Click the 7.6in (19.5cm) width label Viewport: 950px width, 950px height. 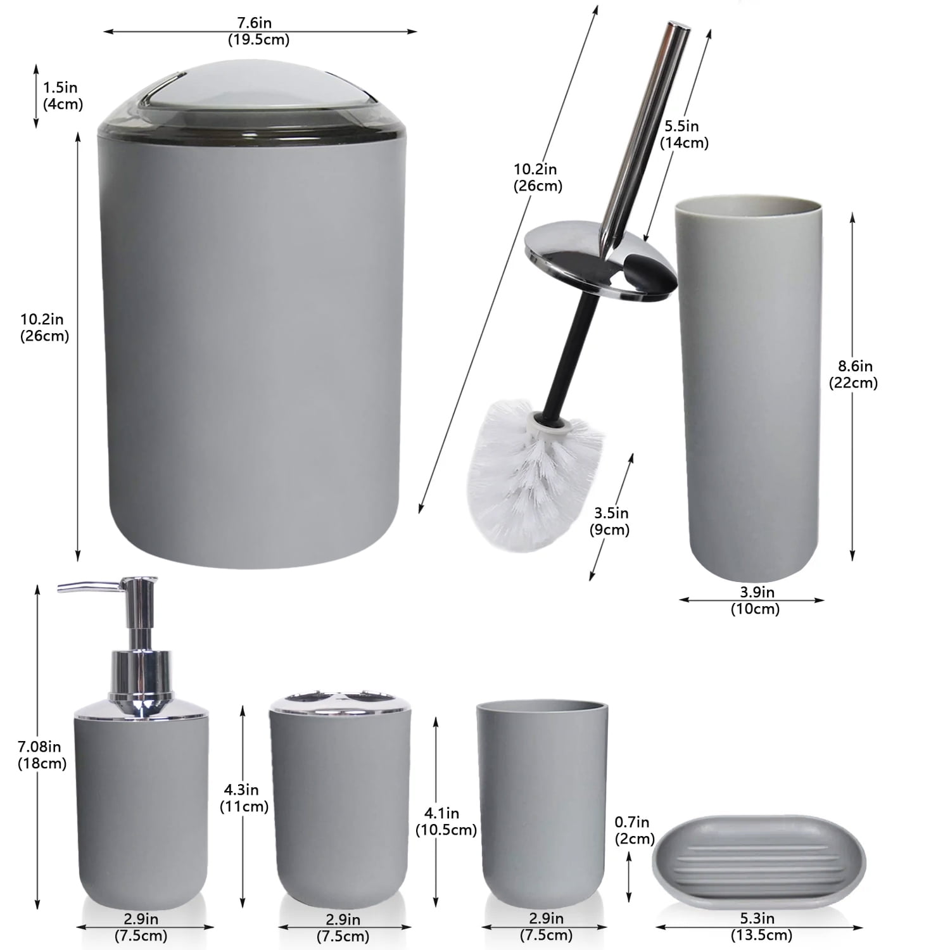(x=259, y=31)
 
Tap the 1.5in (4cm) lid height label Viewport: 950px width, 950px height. (x=63, y=96)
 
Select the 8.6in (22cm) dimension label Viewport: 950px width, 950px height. (x=853, y=374)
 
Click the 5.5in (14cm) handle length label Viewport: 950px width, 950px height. (x=684, y=134)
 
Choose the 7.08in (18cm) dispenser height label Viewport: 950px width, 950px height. (x=42, y=756)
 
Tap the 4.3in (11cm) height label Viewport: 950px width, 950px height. (x=244, y=798)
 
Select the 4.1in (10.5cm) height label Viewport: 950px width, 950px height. (x=446, y=821)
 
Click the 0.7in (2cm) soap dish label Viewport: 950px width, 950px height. (x=634, y=830)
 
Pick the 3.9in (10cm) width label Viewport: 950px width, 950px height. (x=755, y=600)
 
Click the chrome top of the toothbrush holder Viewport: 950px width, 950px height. (x=341, y=704)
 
